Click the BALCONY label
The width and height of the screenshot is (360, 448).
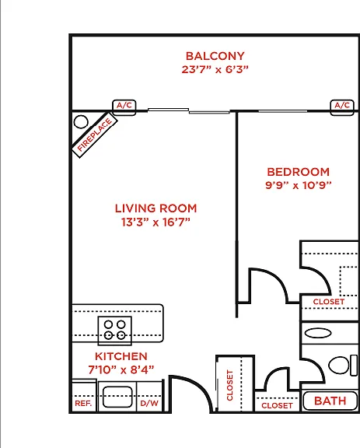tap(215, 56)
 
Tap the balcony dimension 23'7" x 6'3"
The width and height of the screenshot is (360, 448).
tap(215, 69)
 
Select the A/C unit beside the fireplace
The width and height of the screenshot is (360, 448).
tap(124, 107)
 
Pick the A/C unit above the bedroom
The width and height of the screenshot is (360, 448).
tap(342, 107)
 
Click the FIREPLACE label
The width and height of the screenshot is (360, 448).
tap(95, 135)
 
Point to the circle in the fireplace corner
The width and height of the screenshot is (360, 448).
tap(81, 122)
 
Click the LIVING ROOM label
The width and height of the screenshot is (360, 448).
tap(156, 208)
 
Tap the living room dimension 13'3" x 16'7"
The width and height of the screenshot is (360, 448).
tap(156, 222)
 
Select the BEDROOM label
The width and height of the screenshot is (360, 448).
tap(299, 172)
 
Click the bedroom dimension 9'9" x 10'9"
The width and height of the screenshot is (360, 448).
tap(299, 185)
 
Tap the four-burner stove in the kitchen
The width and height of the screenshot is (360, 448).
tap(115, 331)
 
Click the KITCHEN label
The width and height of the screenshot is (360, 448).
tap(121, 356)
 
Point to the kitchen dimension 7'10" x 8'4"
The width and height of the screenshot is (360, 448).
tap(121, 369)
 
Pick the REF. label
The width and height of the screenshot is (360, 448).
tap(83, 404)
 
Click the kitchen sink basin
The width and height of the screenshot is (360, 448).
tap(117, 397)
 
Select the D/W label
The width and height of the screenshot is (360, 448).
tap(149, 404)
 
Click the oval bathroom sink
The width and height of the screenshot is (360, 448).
tap(318, 333)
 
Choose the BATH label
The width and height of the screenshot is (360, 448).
tap(330, 401)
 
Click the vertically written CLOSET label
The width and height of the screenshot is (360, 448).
tap(229, 385)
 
